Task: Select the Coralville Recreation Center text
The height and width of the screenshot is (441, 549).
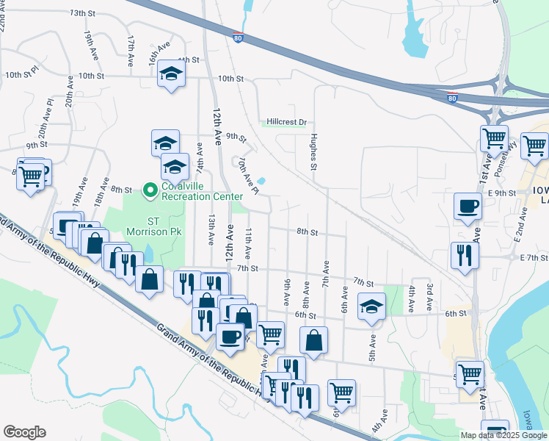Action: [201, 192]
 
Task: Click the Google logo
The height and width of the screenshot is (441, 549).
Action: [24, 432]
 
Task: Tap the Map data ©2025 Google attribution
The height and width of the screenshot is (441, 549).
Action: [504, 435]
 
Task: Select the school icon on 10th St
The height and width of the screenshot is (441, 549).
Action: [172, 74]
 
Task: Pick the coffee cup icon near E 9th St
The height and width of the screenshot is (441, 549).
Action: [467, 207]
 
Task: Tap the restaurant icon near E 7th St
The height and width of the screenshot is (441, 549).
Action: [465, 256]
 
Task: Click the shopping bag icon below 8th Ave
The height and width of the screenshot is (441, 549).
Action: [313, 340]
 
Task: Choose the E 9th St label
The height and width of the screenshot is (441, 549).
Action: [501, 193]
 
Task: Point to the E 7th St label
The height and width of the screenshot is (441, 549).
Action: [533, 257]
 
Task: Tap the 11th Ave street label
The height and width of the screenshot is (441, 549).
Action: [249, 243]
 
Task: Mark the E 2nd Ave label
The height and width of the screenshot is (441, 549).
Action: [520, 225]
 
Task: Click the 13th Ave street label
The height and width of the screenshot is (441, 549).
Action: [211, 230]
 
